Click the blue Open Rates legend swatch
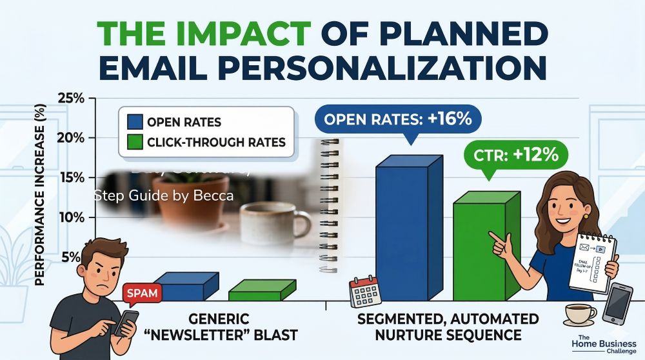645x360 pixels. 135,122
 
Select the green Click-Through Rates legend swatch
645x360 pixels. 135,141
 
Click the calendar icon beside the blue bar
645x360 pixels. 366,292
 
